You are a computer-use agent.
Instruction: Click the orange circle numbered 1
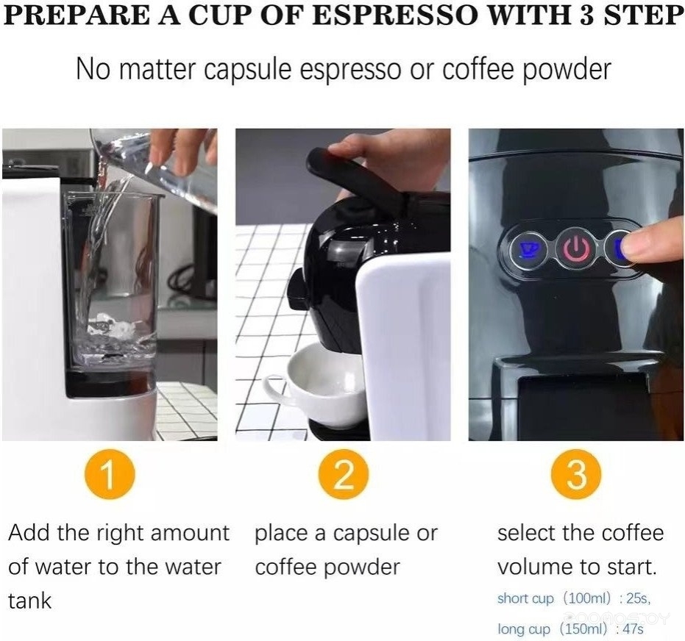point(109,474)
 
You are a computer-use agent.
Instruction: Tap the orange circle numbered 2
point(343,474)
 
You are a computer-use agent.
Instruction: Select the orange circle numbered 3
point(576,474)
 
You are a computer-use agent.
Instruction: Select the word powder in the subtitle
point(567,70)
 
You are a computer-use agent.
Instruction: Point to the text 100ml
point(586,598)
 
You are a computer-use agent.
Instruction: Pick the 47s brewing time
point(634,629)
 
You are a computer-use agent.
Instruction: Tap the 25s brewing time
point(638,598)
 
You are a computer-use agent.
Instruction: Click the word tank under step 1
point(29,601)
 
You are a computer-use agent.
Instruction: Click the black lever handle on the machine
point(354,174)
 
